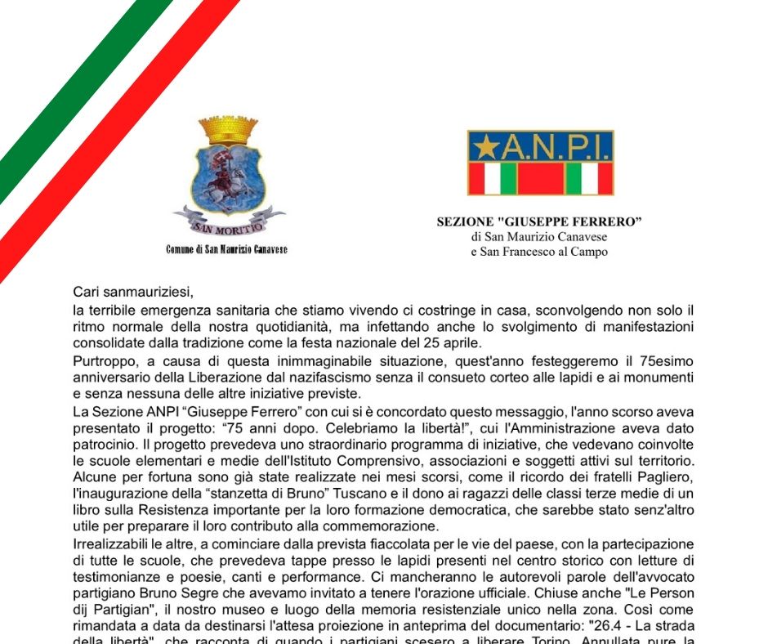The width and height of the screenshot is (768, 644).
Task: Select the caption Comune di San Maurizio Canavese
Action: click(226, 249)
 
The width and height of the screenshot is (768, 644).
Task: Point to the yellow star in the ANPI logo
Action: click(487, 148)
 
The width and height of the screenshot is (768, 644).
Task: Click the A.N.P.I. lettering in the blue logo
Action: click(556, 147)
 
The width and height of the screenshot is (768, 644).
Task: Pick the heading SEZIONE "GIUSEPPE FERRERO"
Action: click(539, 221)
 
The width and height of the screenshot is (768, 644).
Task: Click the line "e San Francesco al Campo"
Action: click(539, 252)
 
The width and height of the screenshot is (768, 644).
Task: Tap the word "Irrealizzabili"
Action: click(109, 543)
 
